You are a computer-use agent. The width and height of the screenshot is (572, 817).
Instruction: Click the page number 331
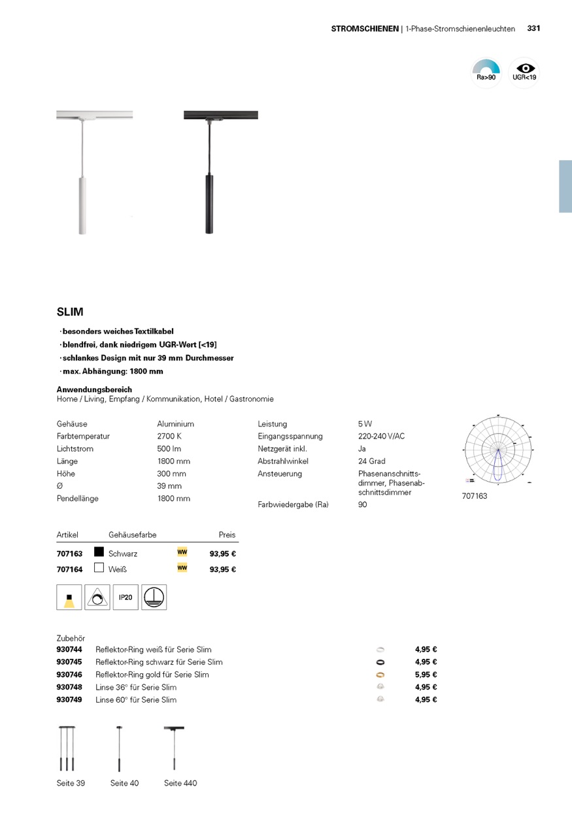pos(533,29)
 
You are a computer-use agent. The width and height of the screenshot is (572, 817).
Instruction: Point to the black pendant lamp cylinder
pos(209,204)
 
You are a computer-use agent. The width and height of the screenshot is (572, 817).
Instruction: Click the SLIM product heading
pos(70,312)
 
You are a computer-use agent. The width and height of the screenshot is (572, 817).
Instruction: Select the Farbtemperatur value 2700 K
pos(169,436)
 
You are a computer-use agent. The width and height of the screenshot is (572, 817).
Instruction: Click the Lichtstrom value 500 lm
pos(169,449)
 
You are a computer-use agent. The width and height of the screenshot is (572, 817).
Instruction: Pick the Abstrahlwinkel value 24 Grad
pos(371,461)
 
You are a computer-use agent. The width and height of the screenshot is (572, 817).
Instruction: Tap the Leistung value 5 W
pos(365,424)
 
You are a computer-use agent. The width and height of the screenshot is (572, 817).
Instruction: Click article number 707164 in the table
pos(69,569)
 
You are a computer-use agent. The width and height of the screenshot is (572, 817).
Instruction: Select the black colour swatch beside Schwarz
pos(99,552)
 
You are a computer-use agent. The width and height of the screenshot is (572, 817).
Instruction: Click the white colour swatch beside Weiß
pos(99,568)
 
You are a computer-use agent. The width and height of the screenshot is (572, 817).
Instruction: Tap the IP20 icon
pos(126,597)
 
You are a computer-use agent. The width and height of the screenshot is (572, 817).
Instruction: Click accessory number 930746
pos(69,675)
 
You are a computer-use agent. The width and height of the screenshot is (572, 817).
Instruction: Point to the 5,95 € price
pos(426,675)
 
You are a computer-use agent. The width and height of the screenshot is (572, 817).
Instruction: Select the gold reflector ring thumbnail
pos(380,675)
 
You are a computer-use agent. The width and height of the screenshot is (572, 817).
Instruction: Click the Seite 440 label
pos(180,783)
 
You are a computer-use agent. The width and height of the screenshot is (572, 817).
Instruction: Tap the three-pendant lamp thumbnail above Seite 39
pos(67,749)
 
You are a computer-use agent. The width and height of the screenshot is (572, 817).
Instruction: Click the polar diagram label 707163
pos(475,496)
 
